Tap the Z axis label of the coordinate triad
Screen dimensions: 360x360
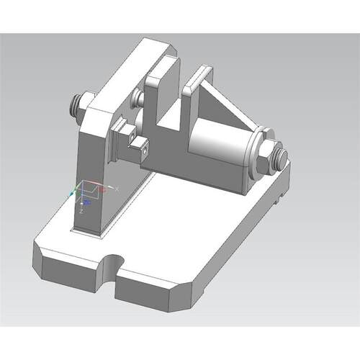pos(84,212)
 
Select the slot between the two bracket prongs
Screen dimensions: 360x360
pos(178,108)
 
